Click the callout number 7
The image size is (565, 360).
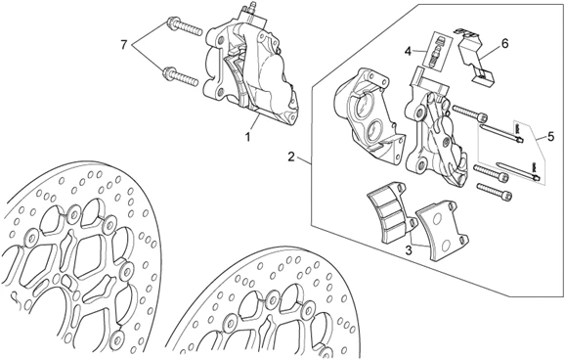tap(124, 45)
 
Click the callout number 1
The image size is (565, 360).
tap(248, 137)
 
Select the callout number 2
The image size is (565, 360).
tap(291, 157)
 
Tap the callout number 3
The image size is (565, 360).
tap(409, 250)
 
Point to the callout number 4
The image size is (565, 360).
tap(408, 51)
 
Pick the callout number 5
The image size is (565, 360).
tap(550, 137)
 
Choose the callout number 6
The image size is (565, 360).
tap(504, 44)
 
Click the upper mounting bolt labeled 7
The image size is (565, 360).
tap(183, 27)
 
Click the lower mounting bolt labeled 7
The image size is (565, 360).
tap(181, 76)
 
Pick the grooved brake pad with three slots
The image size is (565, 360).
tap(391, 211)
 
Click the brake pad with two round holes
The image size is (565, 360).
tap(441, 230)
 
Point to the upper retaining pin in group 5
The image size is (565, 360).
tap(501, 134)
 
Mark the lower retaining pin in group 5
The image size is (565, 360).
tap(518, 171)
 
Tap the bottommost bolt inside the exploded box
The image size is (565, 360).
tap(494, 191)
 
